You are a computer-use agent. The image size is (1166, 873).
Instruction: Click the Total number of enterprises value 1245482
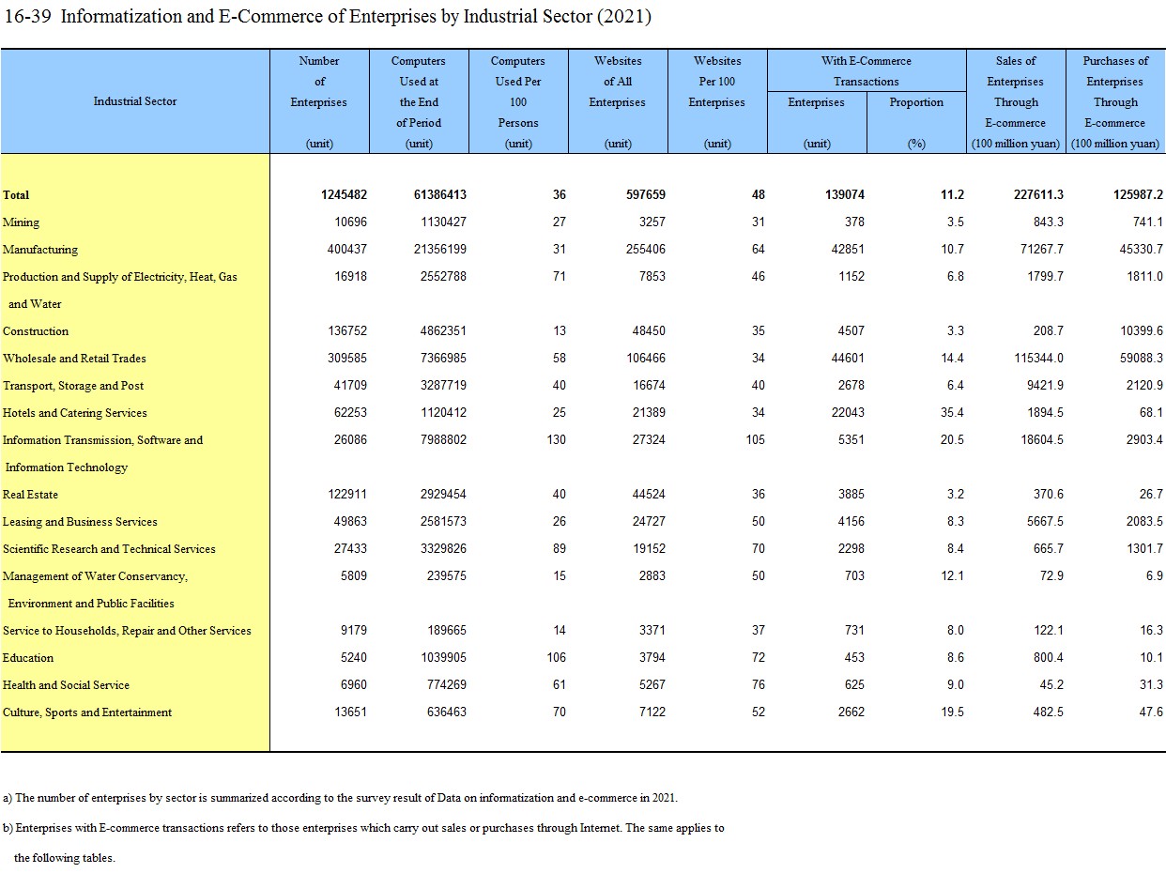[344, 195]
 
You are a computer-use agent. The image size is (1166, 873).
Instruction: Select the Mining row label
[21, 222]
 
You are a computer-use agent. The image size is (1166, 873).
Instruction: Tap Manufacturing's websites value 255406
[645, 249]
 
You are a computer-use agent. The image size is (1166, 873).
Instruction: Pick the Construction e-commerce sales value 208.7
[1048, 330]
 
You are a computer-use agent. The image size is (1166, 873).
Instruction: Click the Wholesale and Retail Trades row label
[74, 359]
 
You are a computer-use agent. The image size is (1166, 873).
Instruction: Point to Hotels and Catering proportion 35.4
[952, 413]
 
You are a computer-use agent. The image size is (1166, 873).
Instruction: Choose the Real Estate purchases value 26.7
[1151, 495]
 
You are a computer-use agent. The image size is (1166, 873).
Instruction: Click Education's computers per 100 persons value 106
[556, 657]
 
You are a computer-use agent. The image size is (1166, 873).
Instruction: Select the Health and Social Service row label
[66, 685]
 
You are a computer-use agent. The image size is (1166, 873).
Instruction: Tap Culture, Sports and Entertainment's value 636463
[446, 712]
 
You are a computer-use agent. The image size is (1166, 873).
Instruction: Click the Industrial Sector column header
[135, 101]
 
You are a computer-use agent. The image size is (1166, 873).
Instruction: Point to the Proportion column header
[916, 102]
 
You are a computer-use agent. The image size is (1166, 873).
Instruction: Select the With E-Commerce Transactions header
[867, 71]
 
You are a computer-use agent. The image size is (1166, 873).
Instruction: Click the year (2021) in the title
[624, 17]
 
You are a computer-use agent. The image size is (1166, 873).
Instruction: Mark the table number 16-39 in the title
[27, 17]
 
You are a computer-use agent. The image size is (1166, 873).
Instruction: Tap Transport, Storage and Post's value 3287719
[443, 386]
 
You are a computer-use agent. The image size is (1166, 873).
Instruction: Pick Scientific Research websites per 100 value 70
[758, 548]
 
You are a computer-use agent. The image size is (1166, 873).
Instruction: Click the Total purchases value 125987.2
[1138, 195]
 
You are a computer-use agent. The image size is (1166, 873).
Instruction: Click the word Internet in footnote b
[600, 828]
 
